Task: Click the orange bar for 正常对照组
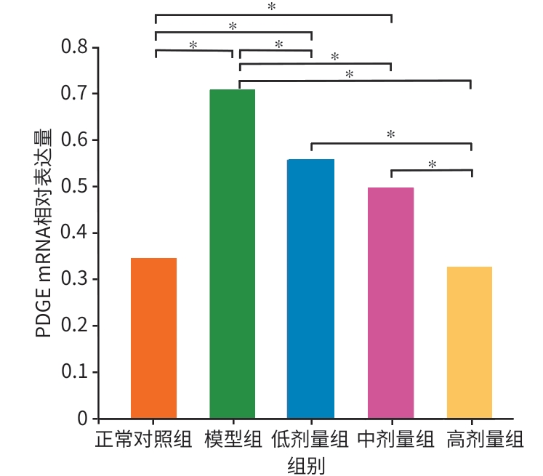click(x=153, y=338)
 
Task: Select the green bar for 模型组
click(x=233, y=254)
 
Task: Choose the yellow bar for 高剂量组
click(x=470, y=342)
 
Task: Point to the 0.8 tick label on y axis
click(x=73, y=47)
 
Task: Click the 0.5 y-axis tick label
click(x=73, y=187)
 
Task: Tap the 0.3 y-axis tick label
click(x=73, y=280)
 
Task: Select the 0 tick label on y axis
click(x=83, y=419)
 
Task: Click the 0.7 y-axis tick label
click(x=73, y=94)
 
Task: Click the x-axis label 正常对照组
click(x=144, y=440)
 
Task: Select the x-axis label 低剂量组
click(x=310, y=440)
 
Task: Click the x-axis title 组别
click(x=305, y=464)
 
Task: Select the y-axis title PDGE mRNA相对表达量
click(x=44, y=233)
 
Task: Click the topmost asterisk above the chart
click(x=272, y=7)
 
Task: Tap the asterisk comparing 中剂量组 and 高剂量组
click(x=432, y=164)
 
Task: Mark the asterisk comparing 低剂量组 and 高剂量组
click(x=390, y=134)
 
